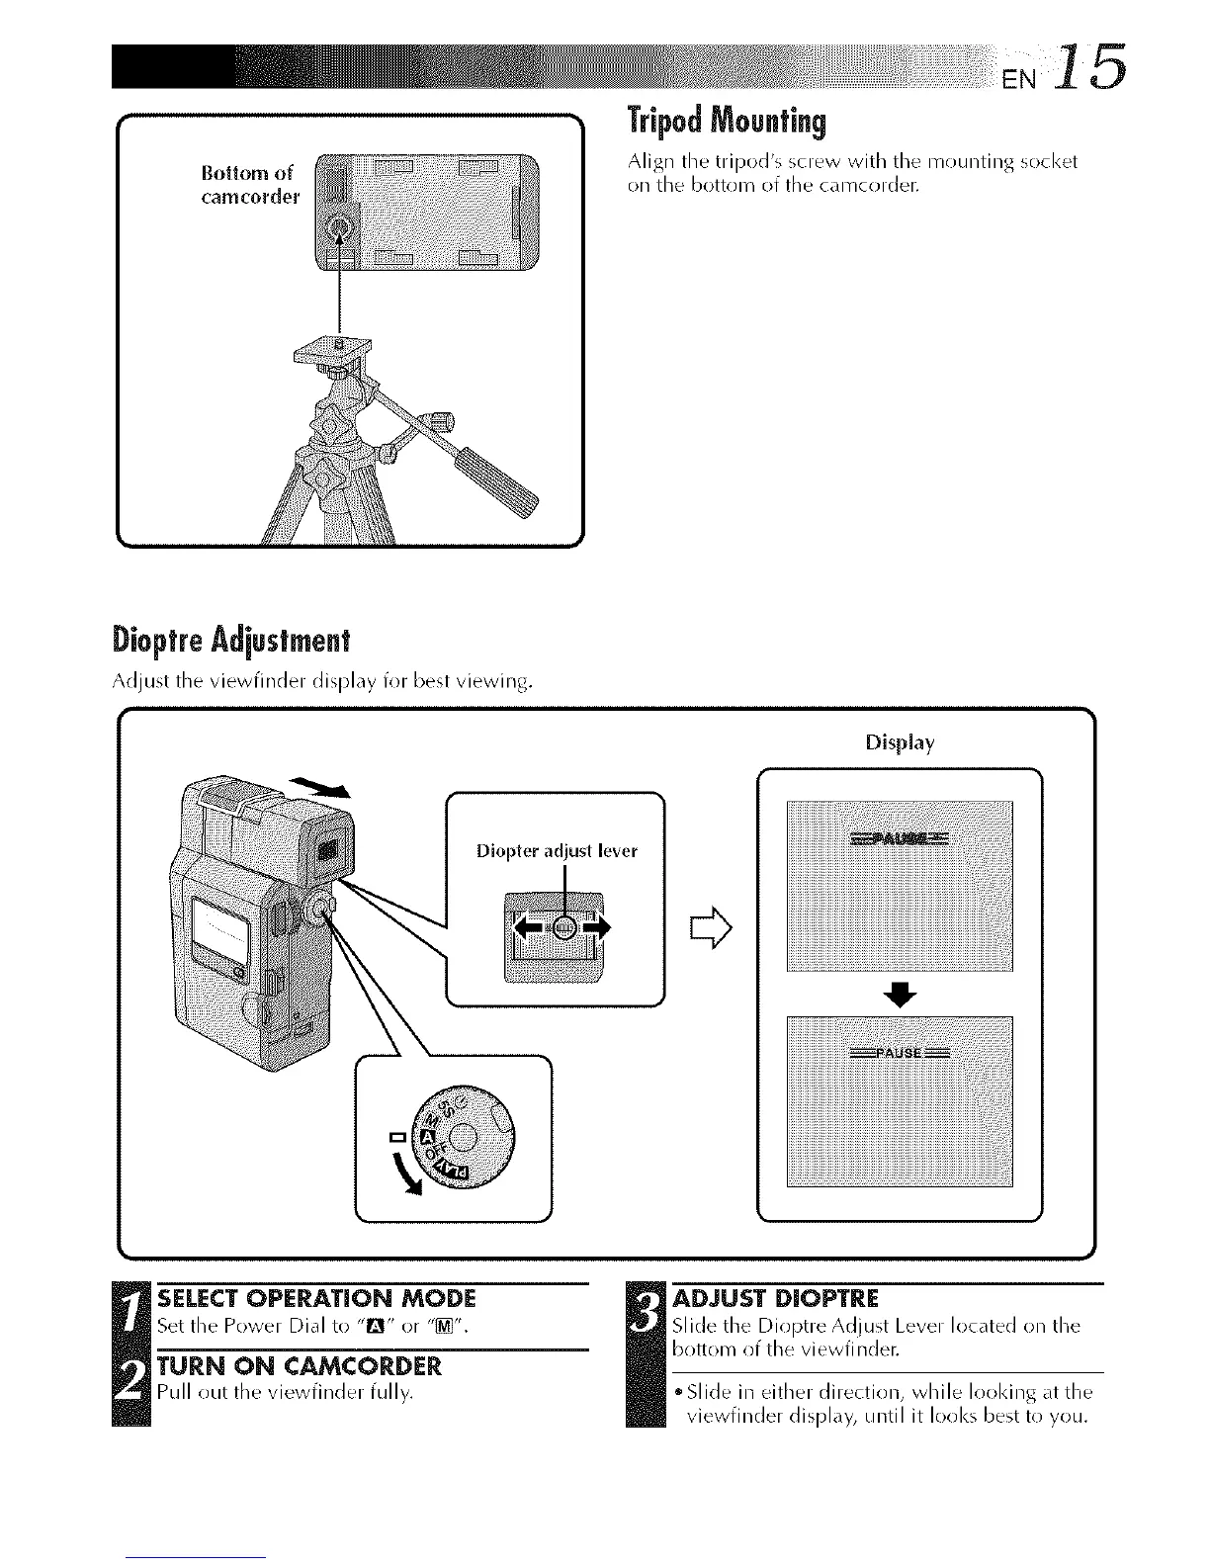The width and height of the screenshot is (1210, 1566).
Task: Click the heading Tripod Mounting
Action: (x=726, y=122)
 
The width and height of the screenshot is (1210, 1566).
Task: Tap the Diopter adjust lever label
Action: (x=557, y=850)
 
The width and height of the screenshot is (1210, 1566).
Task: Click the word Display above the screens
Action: (x=899, y=742)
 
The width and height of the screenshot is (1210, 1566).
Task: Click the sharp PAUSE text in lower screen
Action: (x=900, y=1053)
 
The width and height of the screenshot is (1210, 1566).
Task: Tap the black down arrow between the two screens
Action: (x=900, y=996)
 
